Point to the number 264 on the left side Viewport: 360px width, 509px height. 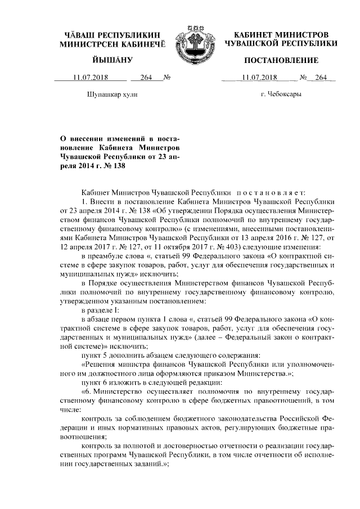147,78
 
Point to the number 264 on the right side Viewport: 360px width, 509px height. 321,78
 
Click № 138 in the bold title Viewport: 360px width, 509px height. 111,166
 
